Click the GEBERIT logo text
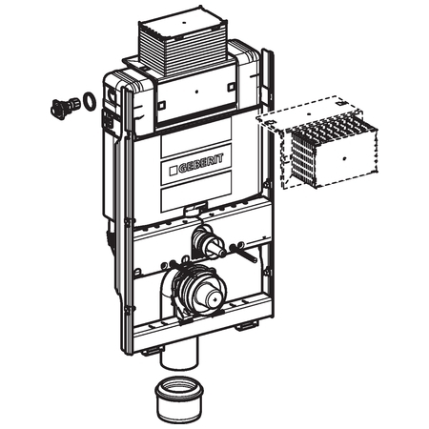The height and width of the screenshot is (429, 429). [x=201, y=164]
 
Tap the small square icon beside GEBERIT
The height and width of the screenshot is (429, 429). [x=174, y=171]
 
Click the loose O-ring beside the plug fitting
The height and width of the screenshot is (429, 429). [x=89, y=100]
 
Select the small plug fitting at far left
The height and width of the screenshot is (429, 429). [x=65, y=108]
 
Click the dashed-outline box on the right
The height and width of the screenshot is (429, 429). [x=317, y=141]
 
